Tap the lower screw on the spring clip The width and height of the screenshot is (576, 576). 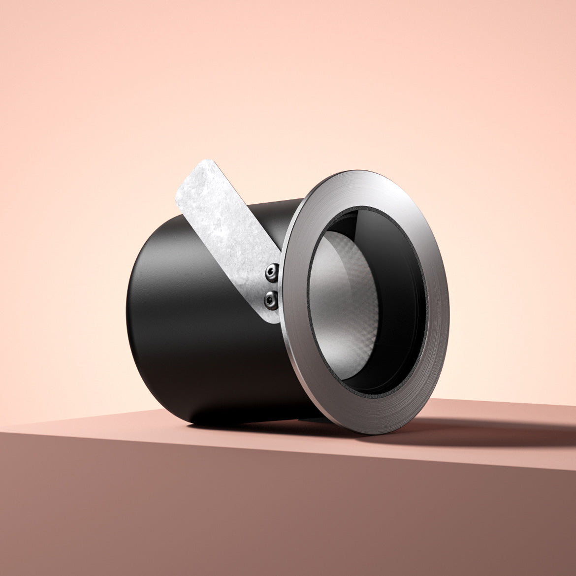tap(270, 298)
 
